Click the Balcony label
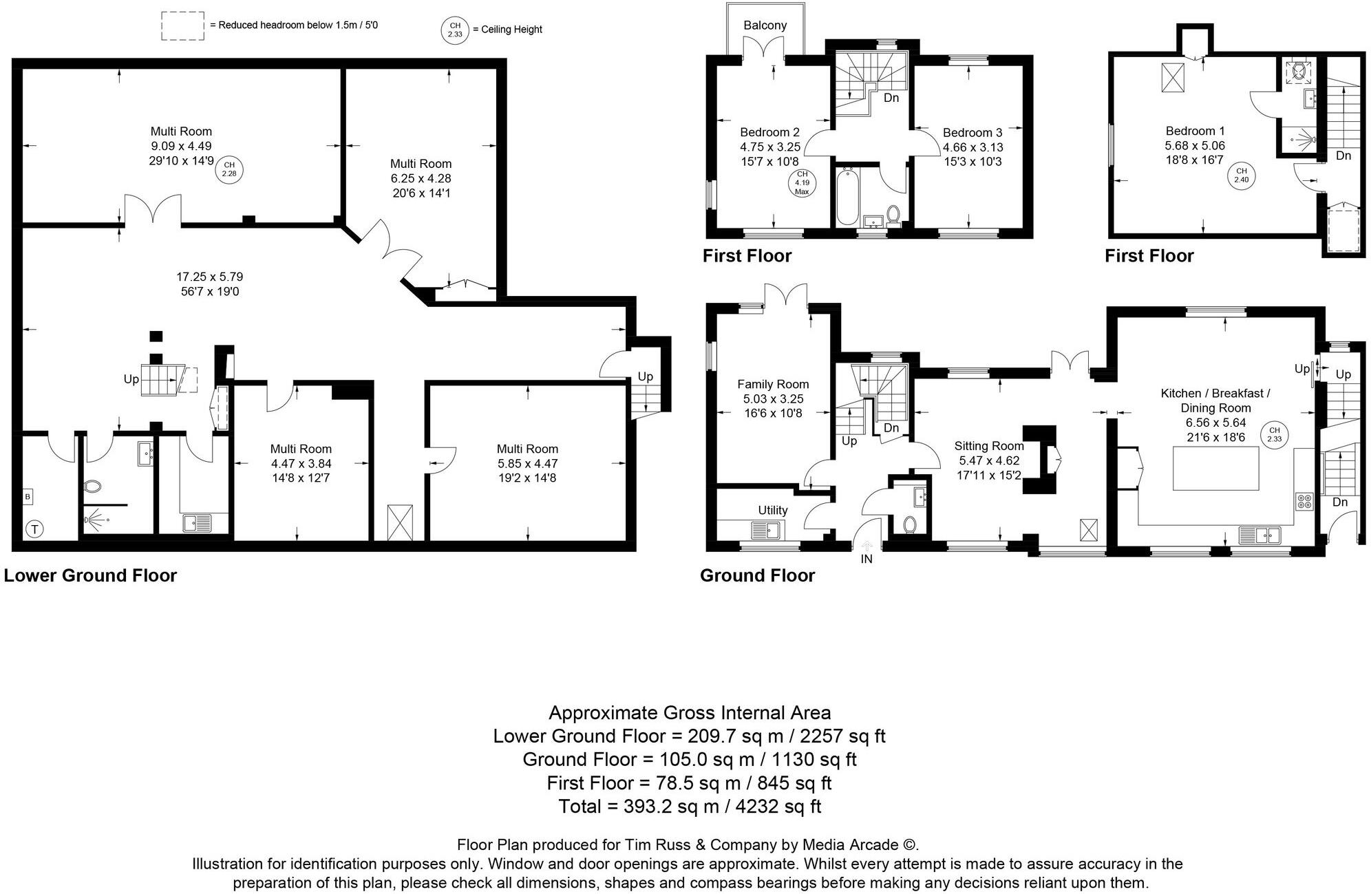coord(765,25)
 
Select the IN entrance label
coord(867,560)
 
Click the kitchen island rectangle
coord(1215,469)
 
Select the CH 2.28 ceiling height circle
coord(229,169)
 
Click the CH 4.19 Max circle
coord(802,183)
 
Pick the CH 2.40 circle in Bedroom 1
coord(1241,175)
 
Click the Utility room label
coord(772,511)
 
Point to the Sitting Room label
coord(989,446)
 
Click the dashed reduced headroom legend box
coord(182,26)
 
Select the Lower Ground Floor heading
coord(90,576)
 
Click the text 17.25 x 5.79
coord(209,277)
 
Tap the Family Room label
coord(773,385)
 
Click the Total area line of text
coord(690,806)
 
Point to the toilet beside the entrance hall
coord(909,525)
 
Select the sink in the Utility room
coord(765,531)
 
